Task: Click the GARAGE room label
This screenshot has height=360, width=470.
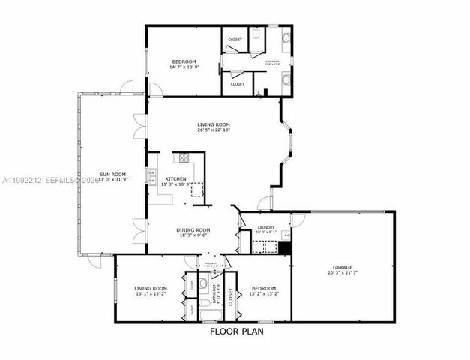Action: pos(343,267)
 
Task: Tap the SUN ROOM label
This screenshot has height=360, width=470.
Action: pos(111,174)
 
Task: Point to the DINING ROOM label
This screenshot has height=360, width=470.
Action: pos(193,229)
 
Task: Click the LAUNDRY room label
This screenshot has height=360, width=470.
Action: pos(265,227)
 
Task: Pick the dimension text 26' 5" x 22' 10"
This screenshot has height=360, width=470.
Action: pos(214,130)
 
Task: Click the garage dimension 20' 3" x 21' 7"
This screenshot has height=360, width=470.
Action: pos(343,273)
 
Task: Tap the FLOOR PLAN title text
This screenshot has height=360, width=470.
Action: pos(235,331)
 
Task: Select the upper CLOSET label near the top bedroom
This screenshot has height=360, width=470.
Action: pos(235,39)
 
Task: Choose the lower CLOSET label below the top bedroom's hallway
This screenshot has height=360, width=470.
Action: pos(237,84)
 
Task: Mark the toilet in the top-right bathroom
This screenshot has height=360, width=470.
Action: pos(255,34)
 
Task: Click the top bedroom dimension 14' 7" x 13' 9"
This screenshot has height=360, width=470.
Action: pos(184,67)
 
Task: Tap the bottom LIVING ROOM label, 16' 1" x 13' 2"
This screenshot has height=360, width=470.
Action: pos(148,290)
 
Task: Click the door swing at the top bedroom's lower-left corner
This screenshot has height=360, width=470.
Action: pos(154,90)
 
